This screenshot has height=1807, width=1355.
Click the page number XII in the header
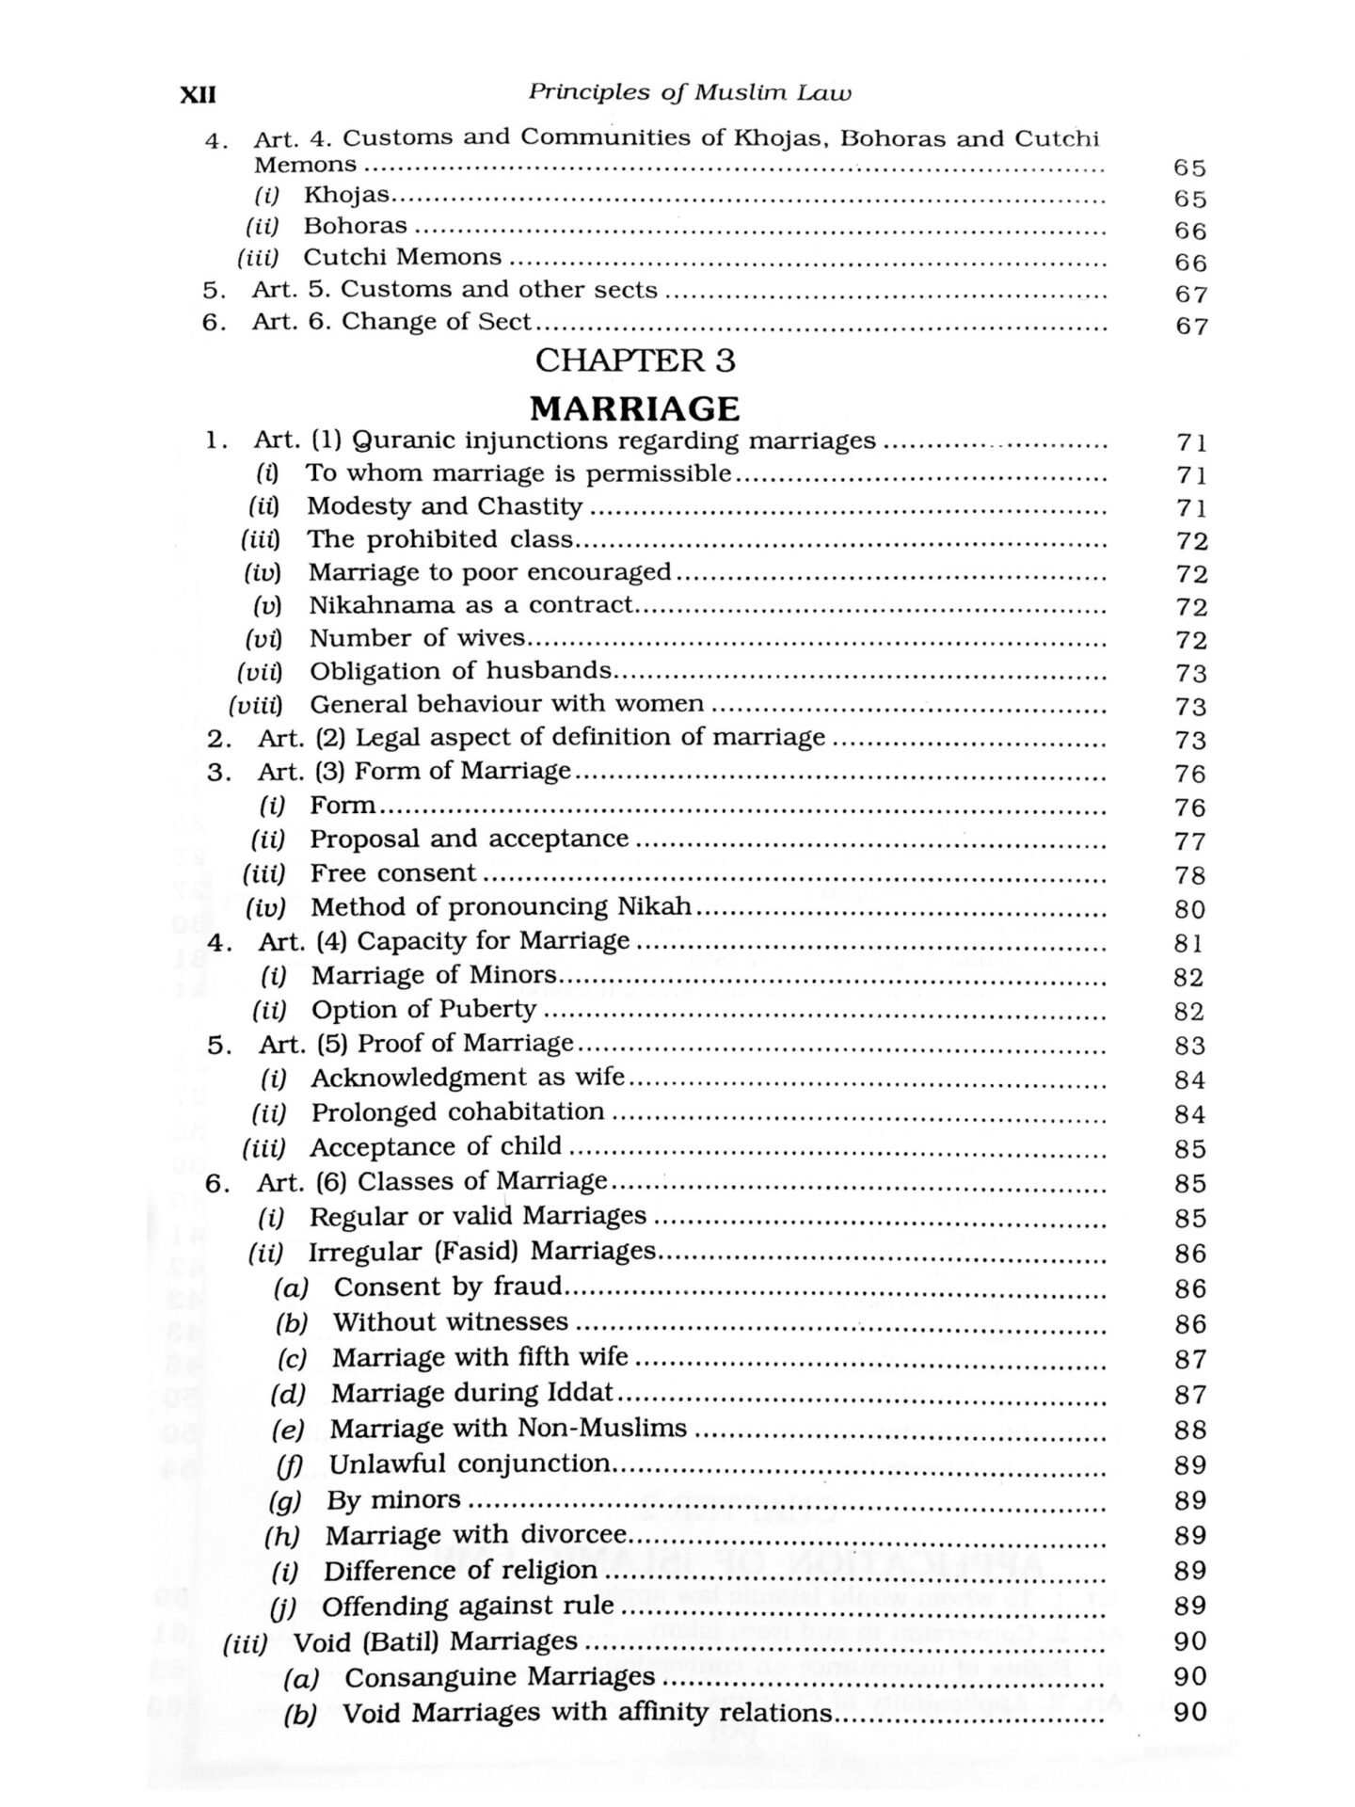click(x=198, y=94)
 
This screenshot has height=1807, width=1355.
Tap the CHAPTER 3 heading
click(x=635, y=360)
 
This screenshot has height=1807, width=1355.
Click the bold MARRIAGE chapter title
click(x=634, y=408)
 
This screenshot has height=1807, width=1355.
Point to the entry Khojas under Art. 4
click(x=345, y=195)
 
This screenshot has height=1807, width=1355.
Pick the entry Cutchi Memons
click(x=402, y=257)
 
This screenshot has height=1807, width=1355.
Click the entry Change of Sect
click(x=437, y=321)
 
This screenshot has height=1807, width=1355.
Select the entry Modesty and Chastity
click(x=444, y=506)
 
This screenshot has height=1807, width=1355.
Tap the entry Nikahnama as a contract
click(x=470, y=604)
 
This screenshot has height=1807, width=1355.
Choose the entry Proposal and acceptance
click(x=469, y=839)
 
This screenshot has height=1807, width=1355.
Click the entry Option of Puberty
click(x=423, y=1010)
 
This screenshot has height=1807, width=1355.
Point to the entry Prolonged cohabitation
click(x=457, y=1112)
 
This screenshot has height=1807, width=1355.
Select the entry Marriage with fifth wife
click(x=480, y=1358)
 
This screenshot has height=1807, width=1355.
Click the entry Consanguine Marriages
click(x=499, y=1677)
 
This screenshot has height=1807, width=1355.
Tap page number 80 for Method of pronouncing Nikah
click(x=1189, y=909)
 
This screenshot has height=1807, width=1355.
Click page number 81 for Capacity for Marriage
click(x=1189, y=943)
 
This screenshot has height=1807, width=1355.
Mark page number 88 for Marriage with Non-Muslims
click(x=1190, y=1431)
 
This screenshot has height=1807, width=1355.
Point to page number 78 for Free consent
click(x=1189, y=875)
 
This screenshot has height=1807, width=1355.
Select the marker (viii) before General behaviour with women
click(x=256, y=705)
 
